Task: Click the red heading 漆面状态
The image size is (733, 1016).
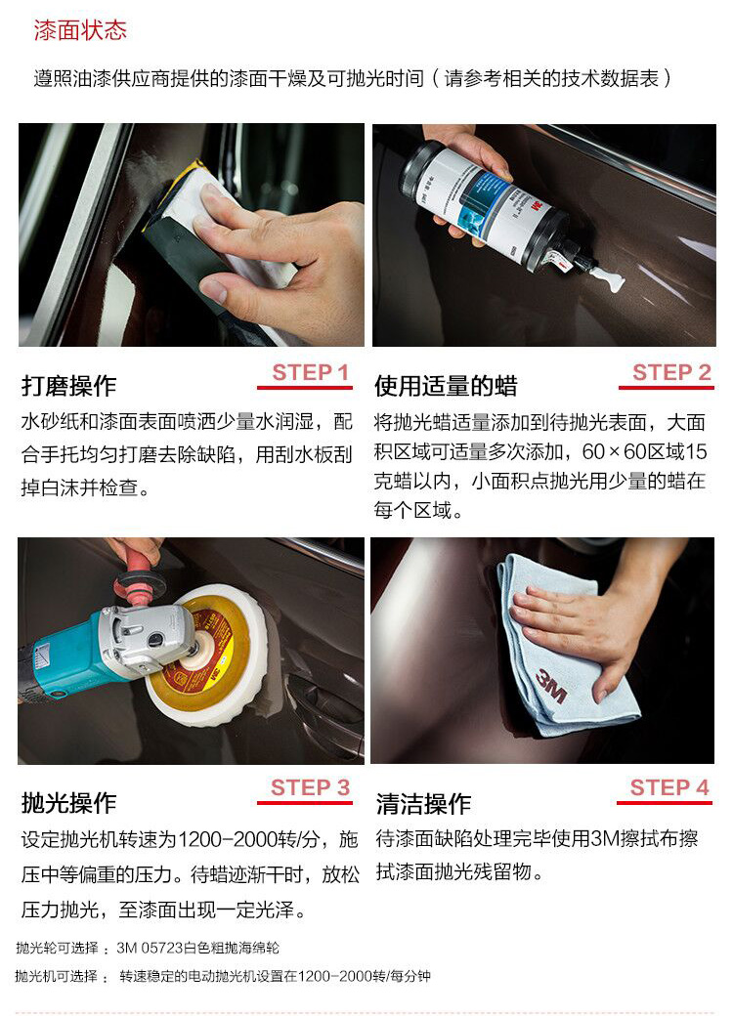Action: [x=80, y=30]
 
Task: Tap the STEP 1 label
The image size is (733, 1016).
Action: [x=311, y=372]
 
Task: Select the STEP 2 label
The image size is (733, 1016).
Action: [x=671, y=372]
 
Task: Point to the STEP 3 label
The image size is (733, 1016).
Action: [x=311, y=787]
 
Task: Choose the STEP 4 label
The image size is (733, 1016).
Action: [x=669, y=787]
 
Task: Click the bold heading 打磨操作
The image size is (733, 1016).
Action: [x=68, y=386]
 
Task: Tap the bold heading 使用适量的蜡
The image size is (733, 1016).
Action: [x=446, y=386]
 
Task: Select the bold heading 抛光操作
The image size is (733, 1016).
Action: [x=68, y=803]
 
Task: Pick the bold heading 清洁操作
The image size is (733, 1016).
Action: [x=423, y=804]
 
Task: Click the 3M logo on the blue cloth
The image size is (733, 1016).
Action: [x=551, y=687]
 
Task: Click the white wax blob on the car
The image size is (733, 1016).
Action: [x=607, y=279]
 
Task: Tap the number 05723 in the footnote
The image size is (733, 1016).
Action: [x=161, y=948]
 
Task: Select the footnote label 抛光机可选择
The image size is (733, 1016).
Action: [x=57, y=976]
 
